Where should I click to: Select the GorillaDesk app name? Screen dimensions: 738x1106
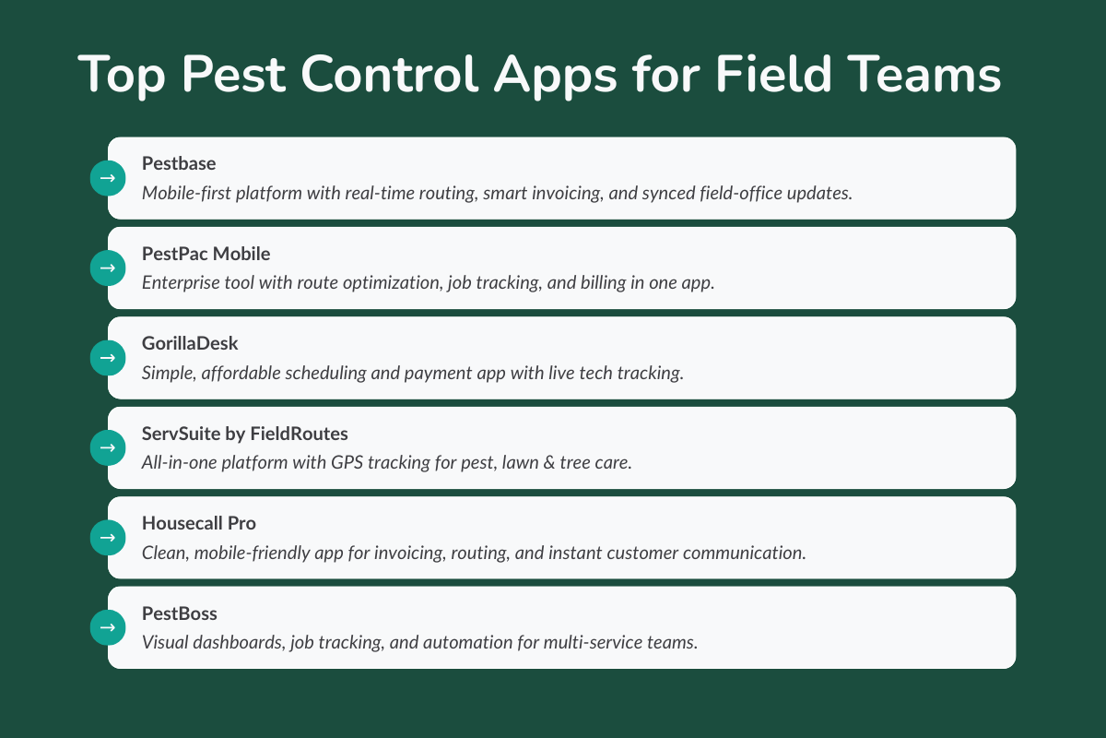190,342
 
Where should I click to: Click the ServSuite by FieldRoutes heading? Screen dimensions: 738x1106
244,432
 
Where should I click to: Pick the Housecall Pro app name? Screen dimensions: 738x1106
199,522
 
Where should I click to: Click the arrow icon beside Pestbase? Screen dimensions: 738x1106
107,178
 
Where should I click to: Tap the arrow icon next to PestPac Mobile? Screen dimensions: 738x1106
107,268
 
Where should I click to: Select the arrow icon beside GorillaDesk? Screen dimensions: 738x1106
107,357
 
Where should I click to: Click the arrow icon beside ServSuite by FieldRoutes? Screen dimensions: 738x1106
107,447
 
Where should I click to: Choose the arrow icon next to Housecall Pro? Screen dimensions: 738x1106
107,537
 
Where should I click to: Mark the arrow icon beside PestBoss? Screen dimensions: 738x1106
107,627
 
